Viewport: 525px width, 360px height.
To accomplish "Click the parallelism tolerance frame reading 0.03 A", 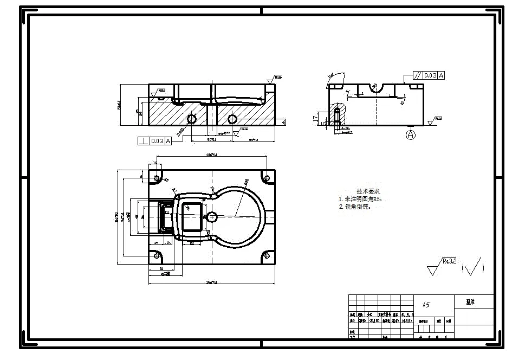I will [428, 75].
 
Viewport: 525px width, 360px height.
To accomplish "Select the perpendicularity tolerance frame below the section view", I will [154, 141].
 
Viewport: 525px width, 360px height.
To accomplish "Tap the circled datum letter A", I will [410, 134].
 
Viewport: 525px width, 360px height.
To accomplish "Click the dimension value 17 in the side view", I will [315, 117].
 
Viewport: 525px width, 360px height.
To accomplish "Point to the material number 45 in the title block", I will [426, 305].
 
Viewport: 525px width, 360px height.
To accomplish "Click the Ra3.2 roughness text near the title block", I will [450, 261].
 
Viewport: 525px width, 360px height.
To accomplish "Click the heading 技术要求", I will [368, 191].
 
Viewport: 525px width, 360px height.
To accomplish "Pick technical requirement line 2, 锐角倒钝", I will [355, 207].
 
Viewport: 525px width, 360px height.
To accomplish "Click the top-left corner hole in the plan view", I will [157, 178].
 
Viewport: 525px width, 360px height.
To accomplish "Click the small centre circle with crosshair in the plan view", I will [212, 216].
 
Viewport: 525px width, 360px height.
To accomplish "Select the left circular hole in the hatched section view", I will [191, 119].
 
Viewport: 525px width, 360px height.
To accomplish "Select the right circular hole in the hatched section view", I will [233, 119].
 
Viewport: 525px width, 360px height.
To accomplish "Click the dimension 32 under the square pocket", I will [192, 243].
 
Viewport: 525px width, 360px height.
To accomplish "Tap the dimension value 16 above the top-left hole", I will [155, 163].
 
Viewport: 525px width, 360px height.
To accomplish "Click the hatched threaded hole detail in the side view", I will [337, 115].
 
